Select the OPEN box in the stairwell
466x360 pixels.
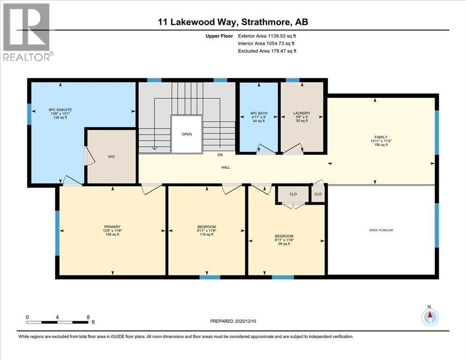coord(187,134)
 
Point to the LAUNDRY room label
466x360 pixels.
coord(301,113)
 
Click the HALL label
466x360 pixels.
coord(226,167)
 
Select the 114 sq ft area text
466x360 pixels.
coord(206,235)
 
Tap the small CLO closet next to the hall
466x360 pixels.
coord(318,194)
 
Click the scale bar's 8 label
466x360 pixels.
coord(88,317)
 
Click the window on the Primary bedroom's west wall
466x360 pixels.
coord(57,233)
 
